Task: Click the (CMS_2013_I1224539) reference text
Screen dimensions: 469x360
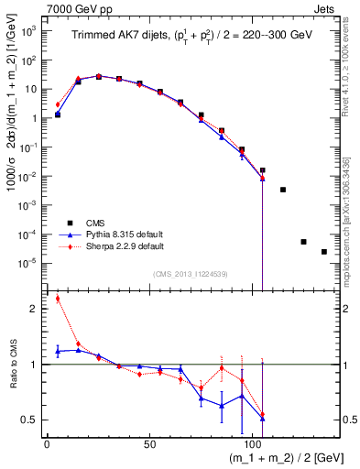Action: [x=189, y=273]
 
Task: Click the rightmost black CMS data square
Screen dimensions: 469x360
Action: [x=324, y=252]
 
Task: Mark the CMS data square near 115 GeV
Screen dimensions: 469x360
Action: [x=283, y=190]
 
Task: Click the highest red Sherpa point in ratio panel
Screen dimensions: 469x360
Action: [x=58, y=298]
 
